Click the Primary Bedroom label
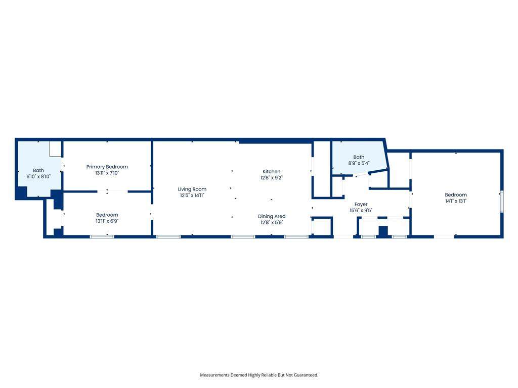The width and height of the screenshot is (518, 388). [107, 167]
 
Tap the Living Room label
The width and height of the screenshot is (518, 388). [192, 189]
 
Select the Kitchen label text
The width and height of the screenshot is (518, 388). [272, 172]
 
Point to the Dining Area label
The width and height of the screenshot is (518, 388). [272, 216]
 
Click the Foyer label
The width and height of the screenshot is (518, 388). [361, 205]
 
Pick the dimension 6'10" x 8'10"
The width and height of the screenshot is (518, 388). [38, 176]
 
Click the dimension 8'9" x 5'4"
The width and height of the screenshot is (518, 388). [359, 163]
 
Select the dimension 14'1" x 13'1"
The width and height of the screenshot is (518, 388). [456, 201]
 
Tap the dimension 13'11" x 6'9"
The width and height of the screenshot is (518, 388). [107, 221]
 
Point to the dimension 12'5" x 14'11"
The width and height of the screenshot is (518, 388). [192, 196]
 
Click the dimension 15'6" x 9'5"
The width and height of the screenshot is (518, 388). [361, 211]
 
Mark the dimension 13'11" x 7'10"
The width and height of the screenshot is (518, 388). [107, 173]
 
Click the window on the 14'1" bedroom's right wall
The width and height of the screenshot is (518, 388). [501, 201]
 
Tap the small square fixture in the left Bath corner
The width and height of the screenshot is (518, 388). [56, 149]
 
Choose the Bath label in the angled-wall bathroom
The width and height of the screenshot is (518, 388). [359, 157]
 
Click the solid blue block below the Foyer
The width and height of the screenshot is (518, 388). [383, 231]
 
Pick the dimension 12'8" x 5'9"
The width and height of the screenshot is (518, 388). [272, 223]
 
